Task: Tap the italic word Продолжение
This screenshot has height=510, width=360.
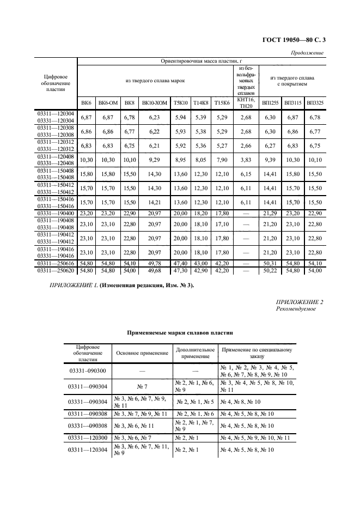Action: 308,53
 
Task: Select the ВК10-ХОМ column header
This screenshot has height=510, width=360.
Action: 154,103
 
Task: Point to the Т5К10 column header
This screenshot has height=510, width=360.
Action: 180,103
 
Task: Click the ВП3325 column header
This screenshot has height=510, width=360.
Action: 314,103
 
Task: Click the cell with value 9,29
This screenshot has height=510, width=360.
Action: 155,160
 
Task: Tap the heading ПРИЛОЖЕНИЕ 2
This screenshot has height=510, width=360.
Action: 300,301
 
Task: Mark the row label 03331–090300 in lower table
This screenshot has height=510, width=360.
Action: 87,371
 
